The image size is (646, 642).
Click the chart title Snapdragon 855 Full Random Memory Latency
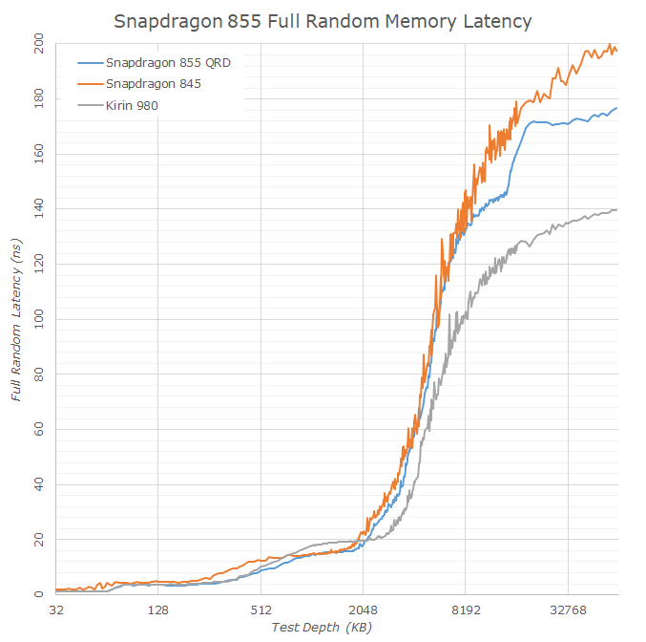pyautogui.click(x=323, y=20)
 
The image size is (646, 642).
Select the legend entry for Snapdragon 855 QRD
pyautogui.click(x=168, y=63)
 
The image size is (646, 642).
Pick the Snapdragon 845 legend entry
pyautogui.click(x=153, y=84)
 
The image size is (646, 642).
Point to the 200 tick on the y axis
pyautogui.click(x=38, y=43)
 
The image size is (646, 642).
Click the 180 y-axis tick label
pyautogui.click(x=38, y=97)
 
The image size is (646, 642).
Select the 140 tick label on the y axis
pyautogui.click(x=38, y=208)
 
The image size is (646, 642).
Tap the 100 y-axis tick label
pyautogui.click(x=38, y=318)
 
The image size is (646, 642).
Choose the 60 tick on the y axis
pyautogui.click(x=38, y=429)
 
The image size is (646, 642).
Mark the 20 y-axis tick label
pyautogui.click(x=38, y=539)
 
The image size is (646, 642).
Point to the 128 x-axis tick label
pyautogui.click(x=158, y=609)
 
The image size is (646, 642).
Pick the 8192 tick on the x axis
pyautogui.click(x=465, y=609)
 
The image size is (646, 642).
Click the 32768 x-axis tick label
pyautogui.click(x=568, y=609)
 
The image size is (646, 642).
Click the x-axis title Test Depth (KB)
pyautogui.click(x=322, y=628)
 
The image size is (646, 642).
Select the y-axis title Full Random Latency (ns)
pyautogui.click(x=16, y=321)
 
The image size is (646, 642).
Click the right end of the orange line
pyautogui.click(x=616, y=51)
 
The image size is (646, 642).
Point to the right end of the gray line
pyautogui.click(x=616, y=209)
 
